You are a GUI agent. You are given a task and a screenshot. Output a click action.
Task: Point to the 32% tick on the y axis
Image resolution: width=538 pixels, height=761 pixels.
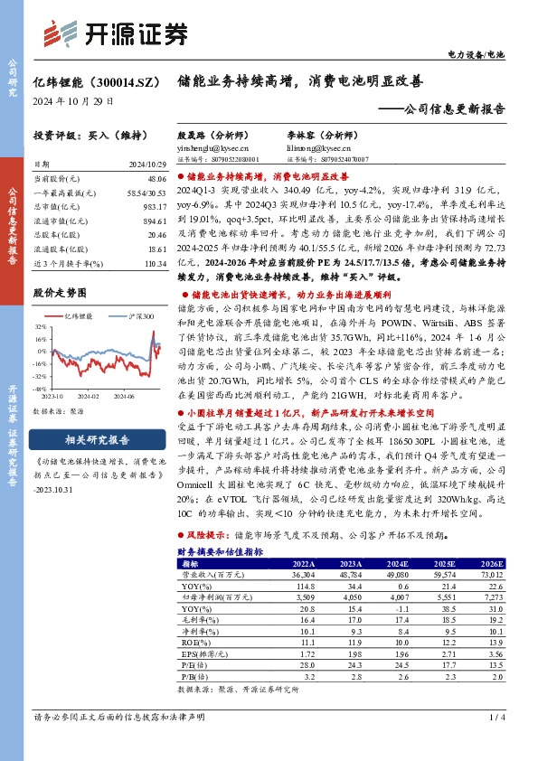coord(42,328)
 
